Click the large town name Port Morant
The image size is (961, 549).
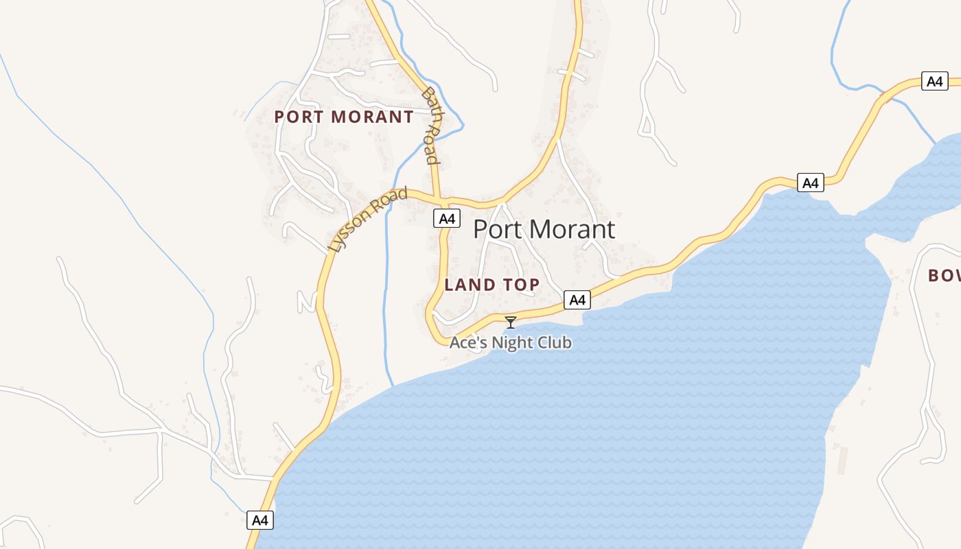point(544,229)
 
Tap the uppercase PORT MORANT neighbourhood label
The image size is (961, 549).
point(344,117)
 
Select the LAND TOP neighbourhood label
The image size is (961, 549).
point(492,285)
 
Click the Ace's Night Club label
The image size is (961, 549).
point(510,342)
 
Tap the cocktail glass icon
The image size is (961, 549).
point(511,322)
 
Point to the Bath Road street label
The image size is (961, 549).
point(431,126)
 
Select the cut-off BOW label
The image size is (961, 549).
point(944,276)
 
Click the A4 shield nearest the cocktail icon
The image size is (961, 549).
point(577,300)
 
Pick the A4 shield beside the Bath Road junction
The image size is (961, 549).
point(447,219)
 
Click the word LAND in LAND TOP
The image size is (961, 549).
point(470,285)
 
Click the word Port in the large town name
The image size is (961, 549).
point(498,229)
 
